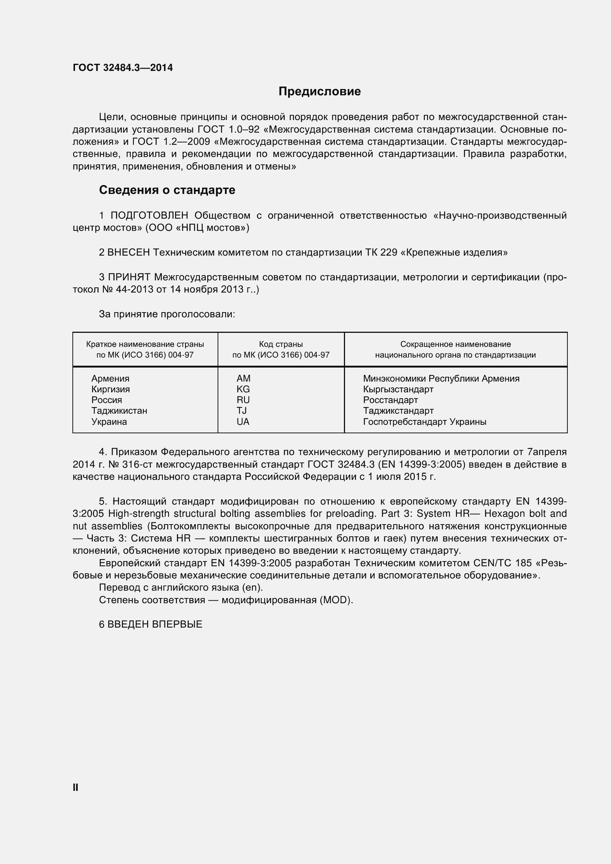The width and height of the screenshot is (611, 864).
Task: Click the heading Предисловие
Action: click(x=320, y=92)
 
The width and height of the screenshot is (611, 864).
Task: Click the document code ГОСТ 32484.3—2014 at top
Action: click(x=123, y=68)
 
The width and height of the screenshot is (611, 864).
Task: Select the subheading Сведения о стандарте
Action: click(x=167, y=190)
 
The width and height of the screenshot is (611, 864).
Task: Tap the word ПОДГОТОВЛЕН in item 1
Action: click(x=149, y=216)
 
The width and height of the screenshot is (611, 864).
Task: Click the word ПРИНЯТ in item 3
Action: click(x=129, y=277)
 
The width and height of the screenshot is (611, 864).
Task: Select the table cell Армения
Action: click(x=110, y=379)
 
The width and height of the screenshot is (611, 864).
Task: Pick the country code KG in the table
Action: click(x=243, y=389)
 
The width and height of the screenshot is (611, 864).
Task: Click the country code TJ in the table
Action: click(x=242, y=410)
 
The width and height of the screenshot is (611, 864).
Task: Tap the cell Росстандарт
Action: click(x=390, y=400)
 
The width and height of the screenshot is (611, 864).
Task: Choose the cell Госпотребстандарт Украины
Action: click(x=424, y=422)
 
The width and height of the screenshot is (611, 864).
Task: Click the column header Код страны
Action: click(x=281, y=344)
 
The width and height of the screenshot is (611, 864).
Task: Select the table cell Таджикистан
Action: click(x=119, y=410)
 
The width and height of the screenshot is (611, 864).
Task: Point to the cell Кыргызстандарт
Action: click(x=398, y=389)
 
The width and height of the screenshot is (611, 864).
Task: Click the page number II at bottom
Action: click(x=76, y=788)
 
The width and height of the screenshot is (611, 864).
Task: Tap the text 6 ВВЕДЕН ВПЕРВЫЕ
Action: click(x=150, y=624)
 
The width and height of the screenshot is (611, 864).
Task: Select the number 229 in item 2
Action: click(x=388, y=253)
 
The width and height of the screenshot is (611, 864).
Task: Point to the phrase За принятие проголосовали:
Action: click(x=167, y=314)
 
